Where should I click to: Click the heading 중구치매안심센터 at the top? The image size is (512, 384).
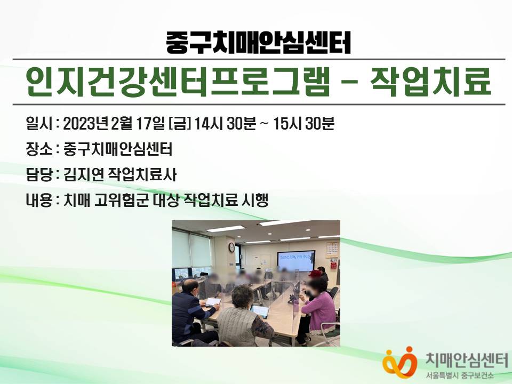tap(258, 43)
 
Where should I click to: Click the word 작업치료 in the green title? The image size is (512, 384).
tap(431, 82)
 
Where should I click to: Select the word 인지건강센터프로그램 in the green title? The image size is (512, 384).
tap(178, 82)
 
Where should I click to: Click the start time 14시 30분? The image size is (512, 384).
tap(225, 124)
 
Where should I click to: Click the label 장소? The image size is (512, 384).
tap(39, 149)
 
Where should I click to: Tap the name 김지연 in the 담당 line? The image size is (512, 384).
tap(83, 175)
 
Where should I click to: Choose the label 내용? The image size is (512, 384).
tap(39, 200)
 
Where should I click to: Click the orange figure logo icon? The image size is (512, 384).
tap(399, 362)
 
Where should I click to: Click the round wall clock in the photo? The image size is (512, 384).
tap(231, 247)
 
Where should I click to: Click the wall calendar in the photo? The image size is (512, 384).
tap(332, 250)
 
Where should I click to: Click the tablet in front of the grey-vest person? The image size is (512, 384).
tap(260, 311)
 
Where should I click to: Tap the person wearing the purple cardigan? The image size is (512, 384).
tap(317, 307)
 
